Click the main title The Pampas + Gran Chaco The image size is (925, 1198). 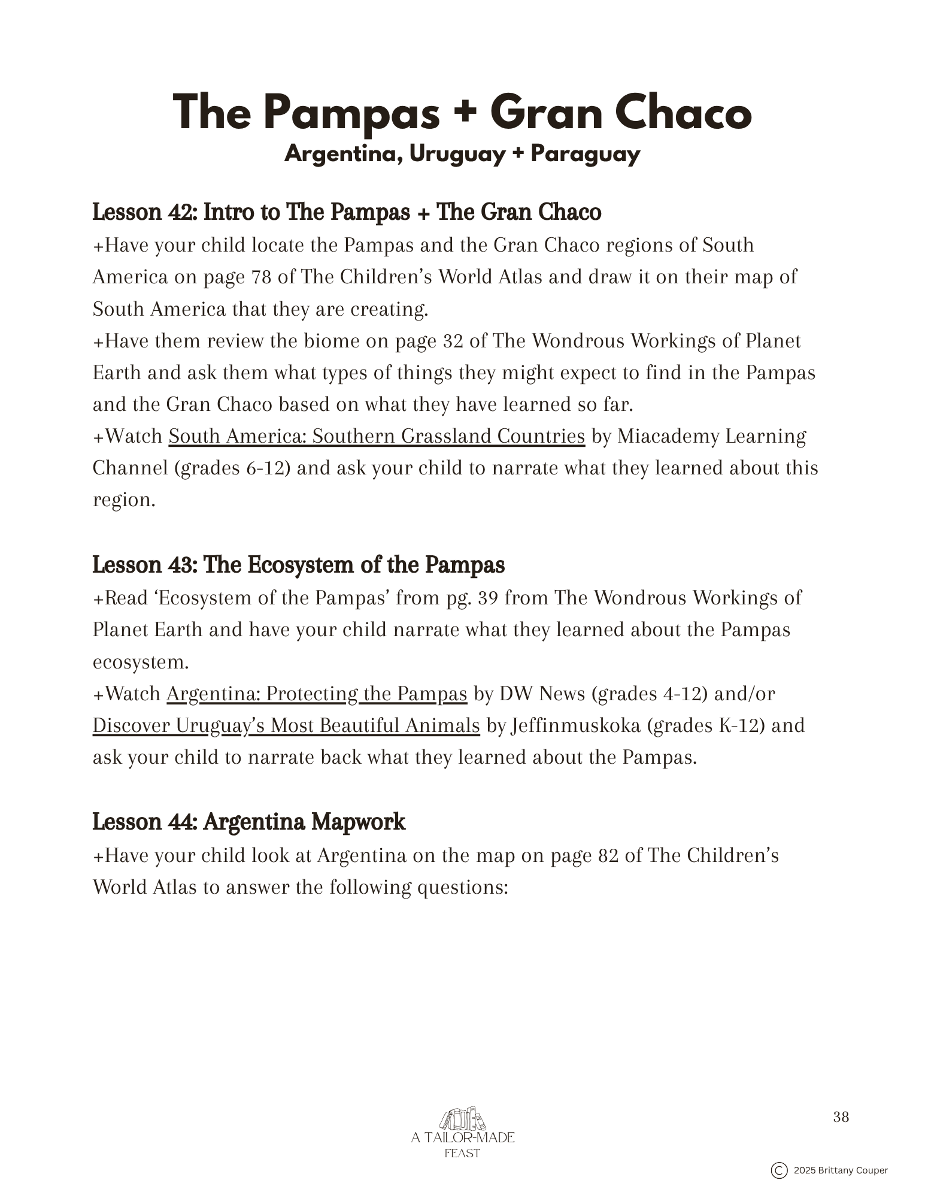point(462,113)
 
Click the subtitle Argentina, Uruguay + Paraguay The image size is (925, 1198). point(462,155)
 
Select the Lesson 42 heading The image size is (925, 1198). point(347,212)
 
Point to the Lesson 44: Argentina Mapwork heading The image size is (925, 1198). point(248,822)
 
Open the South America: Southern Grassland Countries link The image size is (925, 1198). point(376,436)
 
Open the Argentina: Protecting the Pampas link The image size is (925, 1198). point(316,694)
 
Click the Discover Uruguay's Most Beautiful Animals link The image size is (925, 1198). point(286,725)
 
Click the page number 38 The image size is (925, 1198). point(841,1117)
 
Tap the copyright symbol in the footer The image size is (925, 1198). point(778,1170)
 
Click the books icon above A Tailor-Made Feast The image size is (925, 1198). point(462,1118)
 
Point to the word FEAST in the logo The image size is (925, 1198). point(462,1153)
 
